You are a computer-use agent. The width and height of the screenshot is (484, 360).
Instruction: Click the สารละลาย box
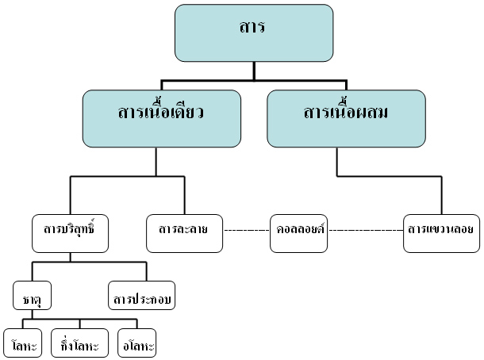coord(183,232)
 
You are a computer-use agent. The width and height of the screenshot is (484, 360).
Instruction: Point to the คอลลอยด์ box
coord(298,232)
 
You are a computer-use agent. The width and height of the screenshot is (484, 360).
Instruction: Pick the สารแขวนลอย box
coord(441,232)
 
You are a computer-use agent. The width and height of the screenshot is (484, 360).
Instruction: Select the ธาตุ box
coord(33,299)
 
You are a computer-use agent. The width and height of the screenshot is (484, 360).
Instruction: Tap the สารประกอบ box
coord(142,299)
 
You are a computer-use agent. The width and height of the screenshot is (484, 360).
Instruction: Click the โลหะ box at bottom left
coord(22,345)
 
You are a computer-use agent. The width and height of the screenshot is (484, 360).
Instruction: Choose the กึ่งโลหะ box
coord(79,345)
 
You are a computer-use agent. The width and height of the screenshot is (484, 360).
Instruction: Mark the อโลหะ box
coord(136,345)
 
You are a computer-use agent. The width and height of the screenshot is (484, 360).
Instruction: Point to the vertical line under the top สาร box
coord(254,71)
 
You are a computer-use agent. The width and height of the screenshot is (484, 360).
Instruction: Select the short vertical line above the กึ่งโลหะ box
coord(79,324)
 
